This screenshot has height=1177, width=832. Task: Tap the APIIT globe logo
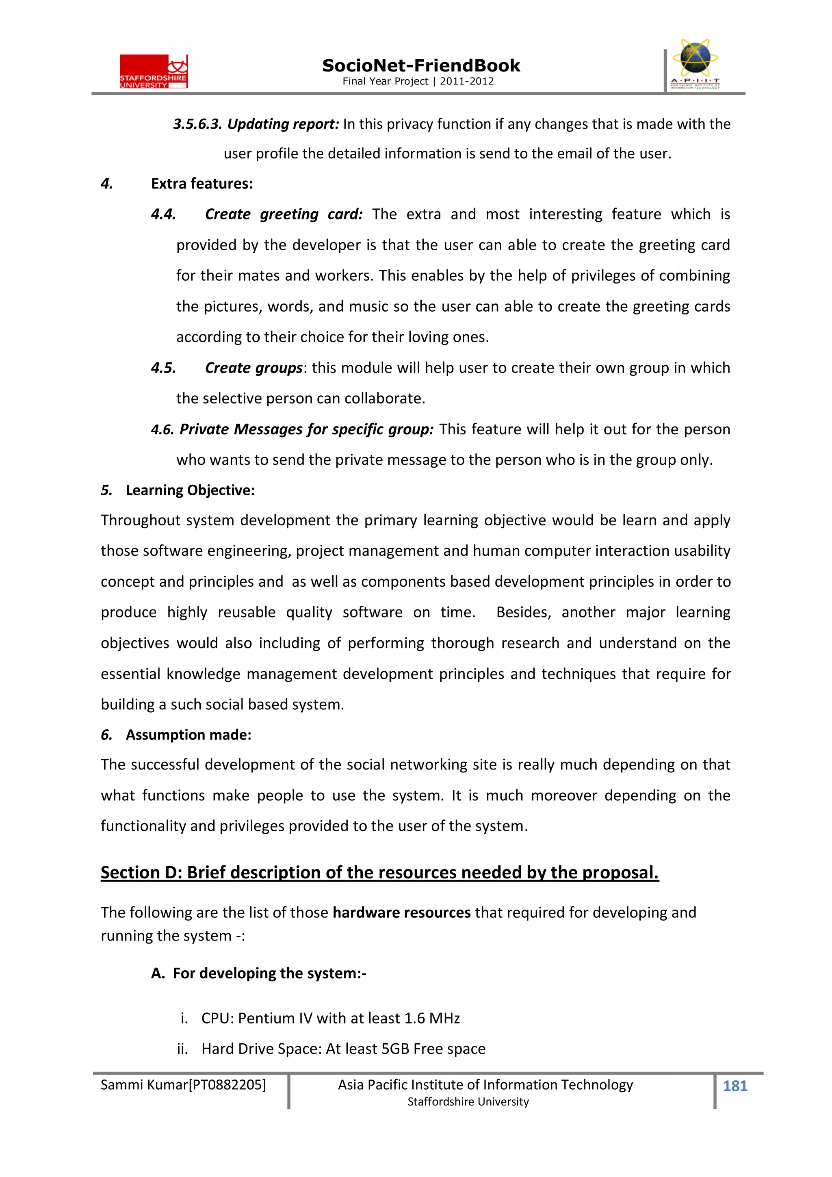click(695, 63)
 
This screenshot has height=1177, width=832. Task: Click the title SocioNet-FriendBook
click(421, 66)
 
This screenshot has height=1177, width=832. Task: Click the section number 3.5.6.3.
click(197, 124)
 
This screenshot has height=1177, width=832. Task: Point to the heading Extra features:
click(202, 184)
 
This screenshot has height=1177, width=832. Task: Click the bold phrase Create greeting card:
click(284, 214)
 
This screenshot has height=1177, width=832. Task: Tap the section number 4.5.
click(164, 368)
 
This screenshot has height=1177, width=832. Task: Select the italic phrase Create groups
click(254, 368)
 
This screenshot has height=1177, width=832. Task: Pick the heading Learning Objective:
click(190, 491)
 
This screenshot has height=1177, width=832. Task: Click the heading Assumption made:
click(188, 735)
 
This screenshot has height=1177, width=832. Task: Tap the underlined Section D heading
click(379, 873)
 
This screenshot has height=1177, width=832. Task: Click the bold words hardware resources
click(401, 913)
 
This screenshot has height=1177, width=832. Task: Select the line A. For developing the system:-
click(259, 973)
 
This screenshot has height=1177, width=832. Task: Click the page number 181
click(734, 1086)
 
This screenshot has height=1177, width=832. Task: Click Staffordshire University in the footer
click(468, 1102)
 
